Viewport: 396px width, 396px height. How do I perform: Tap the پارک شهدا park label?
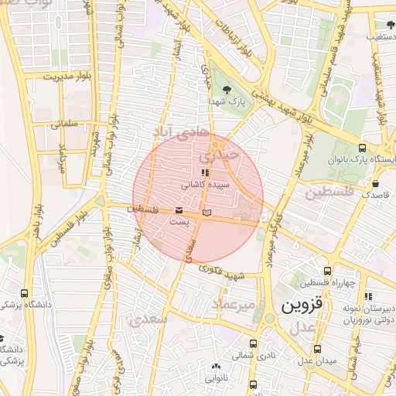click(226, 101)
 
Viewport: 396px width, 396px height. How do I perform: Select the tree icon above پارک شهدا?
click(226, 90)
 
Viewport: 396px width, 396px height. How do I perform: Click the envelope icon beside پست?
click(179, 210)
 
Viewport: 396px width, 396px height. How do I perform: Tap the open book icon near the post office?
click(205, 212)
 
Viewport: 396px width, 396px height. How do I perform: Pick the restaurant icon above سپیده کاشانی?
click(203, 174)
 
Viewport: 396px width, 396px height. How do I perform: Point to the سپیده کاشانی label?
click(203, 186)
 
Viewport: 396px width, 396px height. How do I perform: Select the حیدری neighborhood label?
click(237, 155)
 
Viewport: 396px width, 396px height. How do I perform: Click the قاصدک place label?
click(377, 196)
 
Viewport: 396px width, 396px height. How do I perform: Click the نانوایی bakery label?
click(216, 378)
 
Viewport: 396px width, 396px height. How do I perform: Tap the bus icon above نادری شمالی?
click(253, 343)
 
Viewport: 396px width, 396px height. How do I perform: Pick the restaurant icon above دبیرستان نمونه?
click(368, 295)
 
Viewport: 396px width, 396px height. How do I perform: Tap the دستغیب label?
click(381, 36)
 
